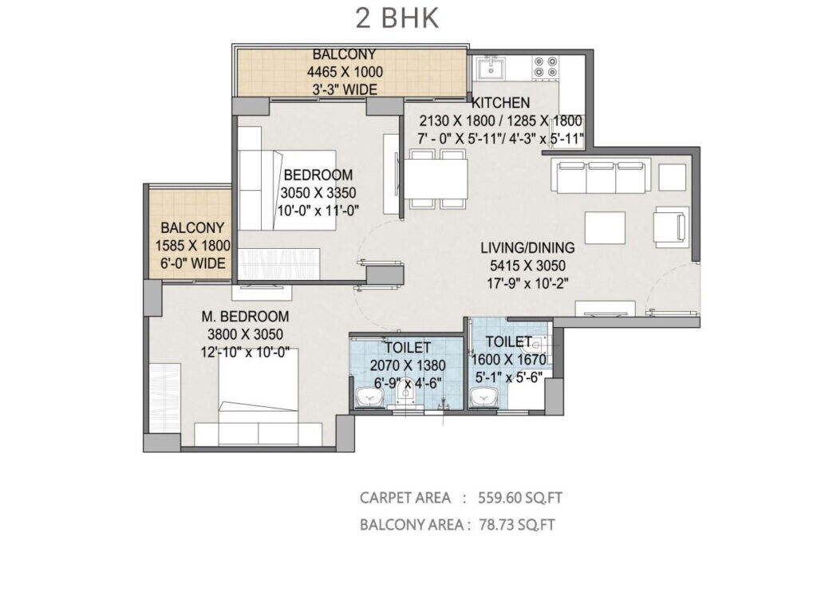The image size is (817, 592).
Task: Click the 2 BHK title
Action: pos(397,18)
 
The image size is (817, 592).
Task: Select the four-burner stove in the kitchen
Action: pos(547,67)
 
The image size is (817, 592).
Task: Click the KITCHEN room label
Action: pos(500,103)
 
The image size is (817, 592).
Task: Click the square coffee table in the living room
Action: pos(605,227)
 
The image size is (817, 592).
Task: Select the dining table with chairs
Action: pos(438,180)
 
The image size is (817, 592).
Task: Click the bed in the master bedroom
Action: pos(259,399)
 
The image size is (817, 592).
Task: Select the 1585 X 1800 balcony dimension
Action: pos(192,246)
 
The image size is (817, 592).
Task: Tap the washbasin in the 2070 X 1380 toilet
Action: pos(368,396)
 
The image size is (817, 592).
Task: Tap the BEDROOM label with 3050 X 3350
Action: pos(318,175)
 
